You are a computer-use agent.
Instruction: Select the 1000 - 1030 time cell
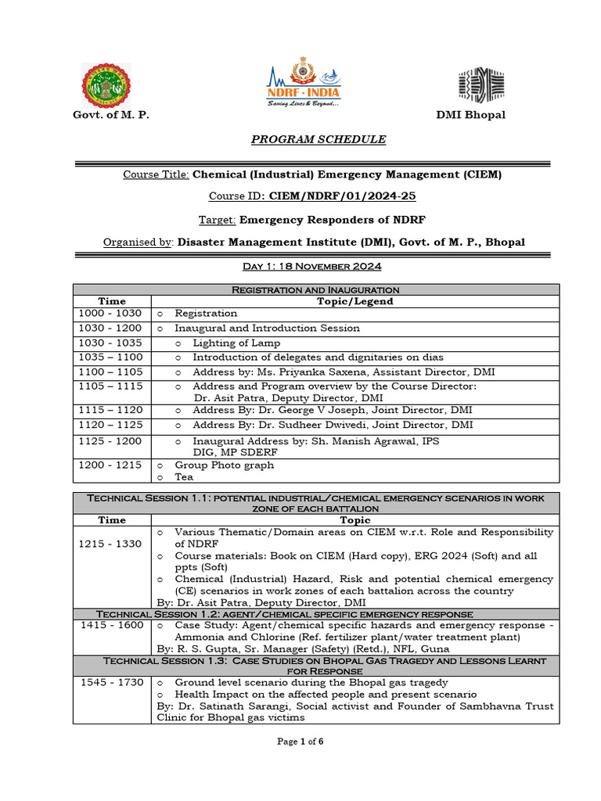point(110,313)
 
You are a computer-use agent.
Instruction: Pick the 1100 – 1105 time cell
point(110,372)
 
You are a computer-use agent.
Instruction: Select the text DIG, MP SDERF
point(231,451)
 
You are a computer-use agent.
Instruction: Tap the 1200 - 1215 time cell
point(110,465)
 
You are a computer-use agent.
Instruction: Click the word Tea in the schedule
point(184,477)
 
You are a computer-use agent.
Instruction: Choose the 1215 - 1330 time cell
point(110,544)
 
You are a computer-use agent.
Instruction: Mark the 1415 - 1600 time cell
point(110,626)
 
